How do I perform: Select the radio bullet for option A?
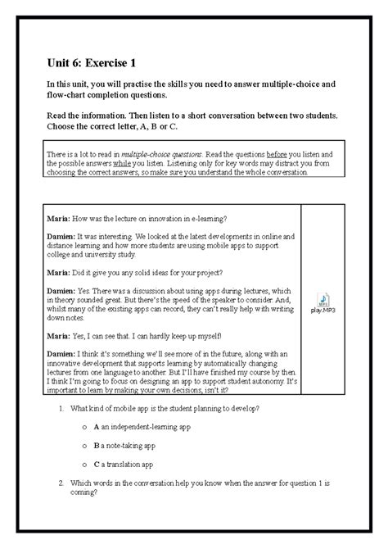click(84, 427)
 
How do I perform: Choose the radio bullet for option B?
click(84, 446)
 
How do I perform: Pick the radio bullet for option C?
click(84, 464)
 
